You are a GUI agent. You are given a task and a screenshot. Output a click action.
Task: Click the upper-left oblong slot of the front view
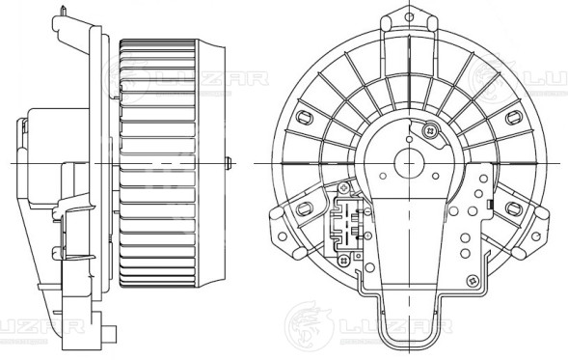307,120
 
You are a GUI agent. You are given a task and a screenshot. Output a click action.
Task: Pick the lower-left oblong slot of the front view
306,209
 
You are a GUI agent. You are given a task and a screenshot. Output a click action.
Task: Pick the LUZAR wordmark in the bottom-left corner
39,326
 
